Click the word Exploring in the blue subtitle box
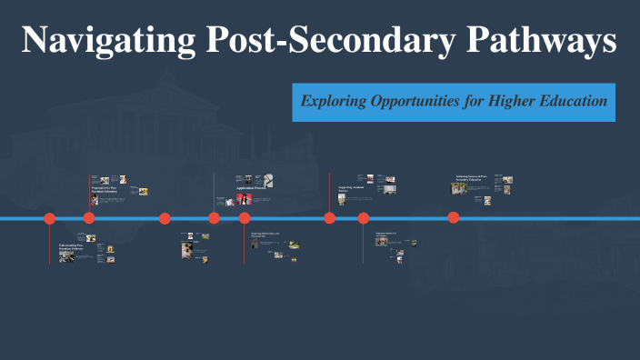(x=333, y=102)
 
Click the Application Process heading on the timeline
(x=250, y=188)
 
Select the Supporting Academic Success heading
(x=352, y=189)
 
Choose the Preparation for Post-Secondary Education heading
(x=105, y=191)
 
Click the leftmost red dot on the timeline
(x=50, y=218)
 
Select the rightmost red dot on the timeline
(x=454, y=218)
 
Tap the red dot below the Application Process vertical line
(x=215, y=218)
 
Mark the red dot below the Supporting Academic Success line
(x=330, y=218)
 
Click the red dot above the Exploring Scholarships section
(x=245, y=218)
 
